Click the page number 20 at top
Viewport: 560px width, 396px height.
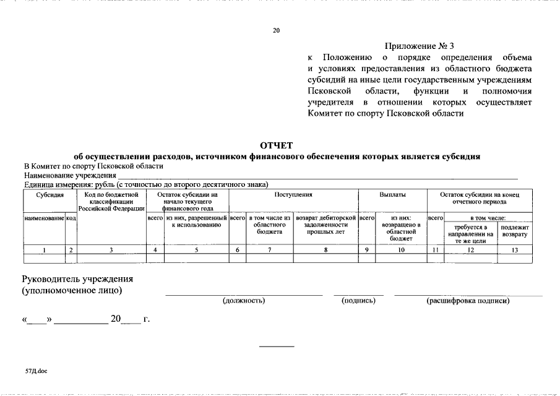[277, 30]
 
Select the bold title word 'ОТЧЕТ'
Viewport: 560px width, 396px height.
[276, 145]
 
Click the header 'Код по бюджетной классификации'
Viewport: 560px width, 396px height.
[111, 202]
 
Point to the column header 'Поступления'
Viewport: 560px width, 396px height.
[293, 195]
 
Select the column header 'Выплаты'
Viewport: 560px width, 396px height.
[392, 195]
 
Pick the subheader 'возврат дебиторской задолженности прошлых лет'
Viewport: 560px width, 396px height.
[325, 225]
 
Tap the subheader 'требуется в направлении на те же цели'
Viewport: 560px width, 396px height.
[472, 234]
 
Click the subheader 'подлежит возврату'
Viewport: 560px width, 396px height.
[514, 231]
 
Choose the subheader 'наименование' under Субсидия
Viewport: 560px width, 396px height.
[44, 218]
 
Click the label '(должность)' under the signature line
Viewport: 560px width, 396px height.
[244, 301]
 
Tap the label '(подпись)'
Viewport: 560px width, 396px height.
[358, 301]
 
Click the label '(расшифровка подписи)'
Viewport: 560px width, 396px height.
[468, 301]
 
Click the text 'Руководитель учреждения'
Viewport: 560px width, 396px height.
[77, 279]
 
